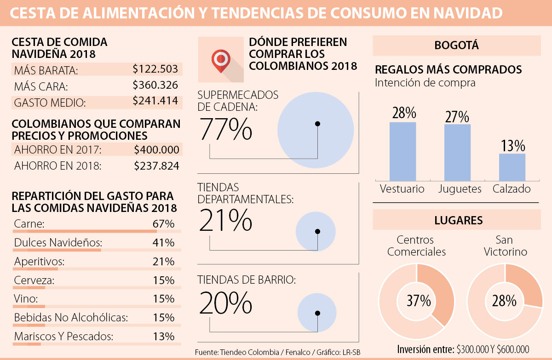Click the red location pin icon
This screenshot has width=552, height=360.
tap(221, 60)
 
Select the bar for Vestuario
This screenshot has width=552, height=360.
tap(402, 151)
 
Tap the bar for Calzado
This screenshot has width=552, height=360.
tap(512, 167)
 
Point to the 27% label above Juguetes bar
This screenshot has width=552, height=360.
tap(457, 117)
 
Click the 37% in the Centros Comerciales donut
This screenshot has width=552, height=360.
tap(419, 301)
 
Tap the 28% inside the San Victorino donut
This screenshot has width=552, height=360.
tap(505, 301)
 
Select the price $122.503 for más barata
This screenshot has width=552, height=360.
tap(155, 69)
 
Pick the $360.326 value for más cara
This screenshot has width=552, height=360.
tap(155, 85)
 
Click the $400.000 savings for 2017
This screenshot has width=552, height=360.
tap(156, 149)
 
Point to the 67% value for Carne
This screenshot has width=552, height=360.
tap(164, 224)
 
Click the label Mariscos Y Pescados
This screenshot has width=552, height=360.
tap(63, 336)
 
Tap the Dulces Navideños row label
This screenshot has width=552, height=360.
tap(58, 243)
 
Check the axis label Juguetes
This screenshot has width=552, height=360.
tap(460, 189)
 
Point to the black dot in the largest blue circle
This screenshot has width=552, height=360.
tap(317, 124)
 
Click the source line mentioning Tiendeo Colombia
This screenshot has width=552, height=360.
tap(277, 352)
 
